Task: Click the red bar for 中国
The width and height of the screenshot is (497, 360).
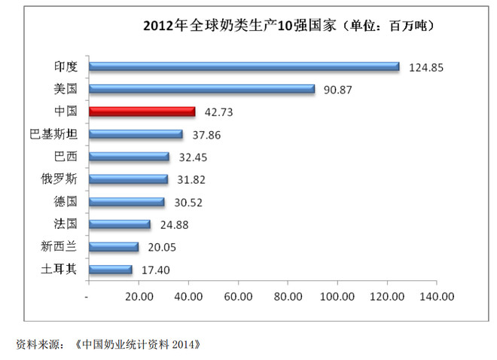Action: pyautogui.click(x=142, y=111)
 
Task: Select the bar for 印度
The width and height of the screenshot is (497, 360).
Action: pyautogui.click(x=243, y=66)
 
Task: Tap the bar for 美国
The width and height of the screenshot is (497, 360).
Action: pyautogui.click(x=201, y=89)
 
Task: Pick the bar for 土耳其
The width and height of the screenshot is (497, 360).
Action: pyautogui.click(x=110, y=269)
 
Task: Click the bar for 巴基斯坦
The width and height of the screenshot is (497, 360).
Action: pyautogui.click(x=136, y=134)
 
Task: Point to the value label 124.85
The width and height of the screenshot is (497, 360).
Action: pyautogui.click(x=426, y=67)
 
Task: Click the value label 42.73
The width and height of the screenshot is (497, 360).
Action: pyautogui.click(x=218, y=111)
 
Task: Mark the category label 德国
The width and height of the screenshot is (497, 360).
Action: pyautogui.click(x=65, y=202)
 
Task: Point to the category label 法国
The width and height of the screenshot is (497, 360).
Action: pyautogui.click(x=65, y=224)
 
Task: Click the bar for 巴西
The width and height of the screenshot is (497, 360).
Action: pyautogui.click(x=129, y=157)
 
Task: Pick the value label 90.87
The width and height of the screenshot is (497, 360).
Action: pyautogui.click(x=339, y=90)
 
